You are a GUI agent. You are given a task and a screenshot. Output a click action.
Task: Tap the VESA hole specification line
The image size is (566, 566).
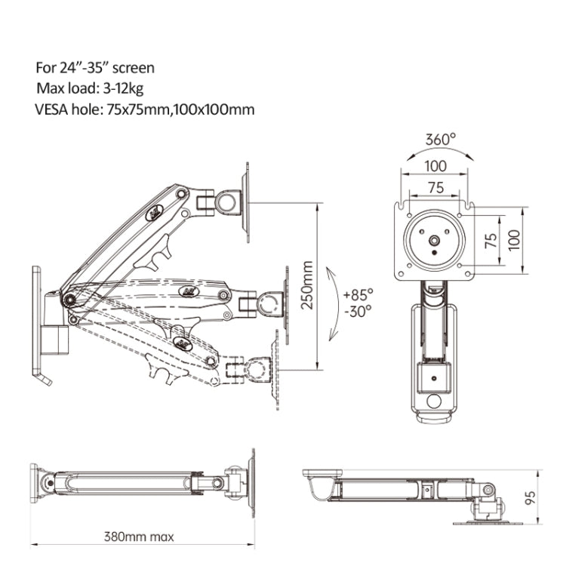coord(144,109)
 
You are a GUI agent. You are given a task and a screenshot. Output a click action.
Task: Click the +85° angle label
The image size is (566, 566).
coord(358,294)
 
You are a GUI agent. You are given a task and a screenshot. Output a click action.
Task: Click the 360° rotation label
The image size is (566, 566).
coord(441,140)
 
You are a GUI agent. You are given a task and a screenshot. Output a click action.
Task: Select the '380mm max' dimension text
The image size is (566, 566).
coord(139,537)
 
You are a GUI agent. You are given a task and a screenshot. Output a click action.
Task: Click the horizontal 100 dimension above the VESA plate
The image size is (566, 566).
coord(435,166)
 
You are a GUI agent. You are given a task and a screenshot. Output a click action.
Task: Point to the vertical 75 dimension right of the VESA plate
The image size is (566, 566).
coord(491,240)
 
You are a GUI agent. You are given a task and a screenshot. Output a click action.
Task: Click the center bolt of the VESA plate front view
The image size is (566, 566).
coord(435,241)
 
